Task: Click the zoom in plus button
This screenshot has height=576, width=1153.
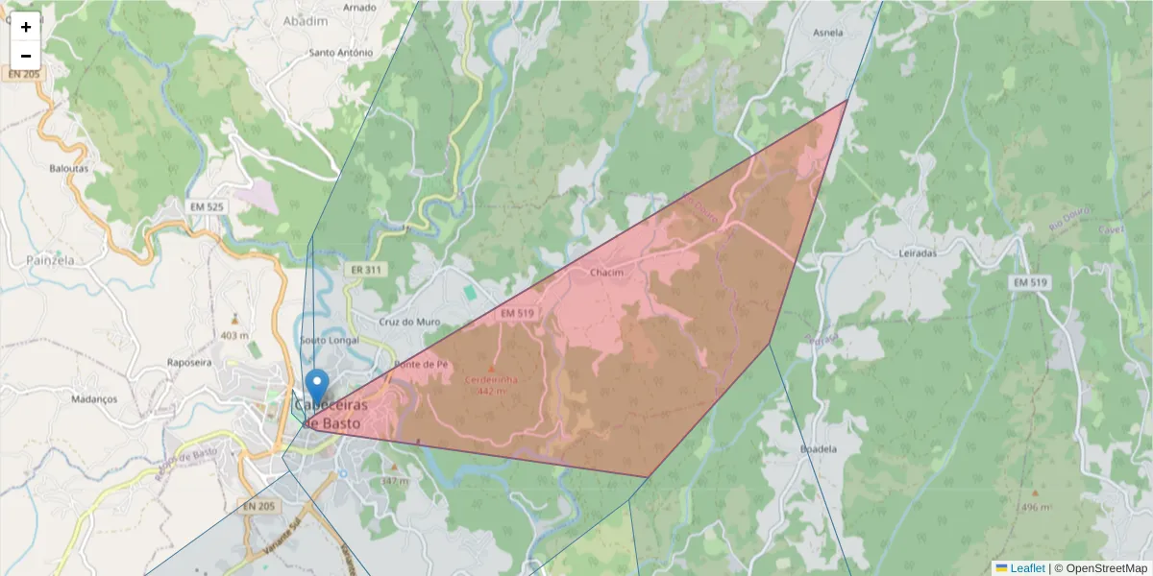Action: point(26,27)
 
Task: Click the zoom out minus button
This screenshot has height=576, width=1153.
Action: point(26,56)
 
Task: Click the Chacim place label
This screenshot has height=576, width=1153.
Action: point(606,273)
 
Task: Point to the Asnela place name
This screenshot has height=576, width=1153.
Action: point(828,32)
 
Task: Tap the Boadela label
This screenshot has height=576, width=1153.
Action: point(819,448)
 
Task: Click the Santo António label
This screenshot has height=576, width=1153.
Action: point(340,52)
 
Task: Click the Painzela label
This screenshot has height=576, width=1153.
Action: point(51,259)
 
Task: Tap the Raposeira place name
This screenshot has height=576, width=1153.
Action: point(189,363)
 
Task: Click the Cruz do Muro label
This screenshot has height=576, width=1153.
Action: point(408,322)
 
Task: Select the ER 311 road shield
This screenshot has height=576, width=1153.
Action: point(366,270)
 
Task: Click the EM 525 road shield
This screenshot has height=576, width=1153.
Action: point(207,206)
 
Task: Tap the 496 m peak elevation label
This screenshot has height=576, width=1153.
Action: point(1035,507)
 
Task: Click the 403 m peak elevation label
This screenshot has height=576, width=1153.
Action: point(234,335)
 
